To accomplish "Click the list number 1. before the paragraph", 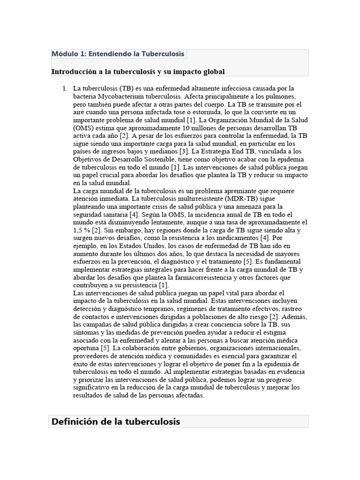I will [x=65, y=88].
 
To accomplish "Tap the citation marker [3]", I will [x=184, y=151].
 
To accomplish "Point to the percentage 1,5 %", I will [x=82, y=230].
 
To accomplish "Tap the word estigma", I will [x=293, y=332].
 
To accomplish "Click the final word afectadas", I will [x=189, y=395].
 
